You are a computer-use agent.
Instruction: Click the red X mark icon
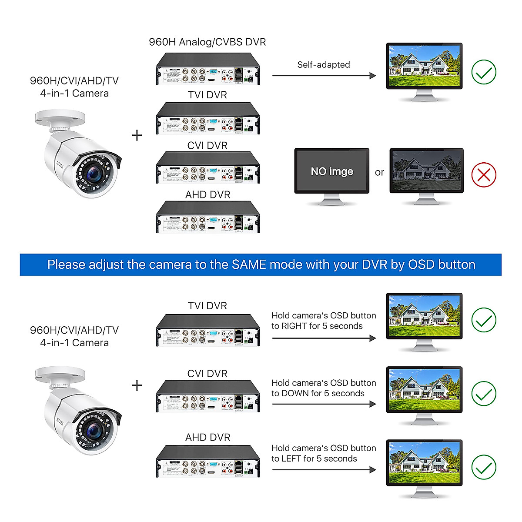coord(484,175)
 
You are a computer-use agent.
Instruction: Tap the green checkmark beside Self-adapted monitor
coord(484,72)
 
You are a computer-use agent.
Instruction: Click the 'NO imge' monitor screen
coord(332,171)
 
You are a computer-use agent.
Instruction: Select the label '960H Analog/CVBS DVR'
coord(207,42)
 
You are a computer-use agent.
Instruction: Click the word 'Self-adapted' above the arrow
coord(323,65)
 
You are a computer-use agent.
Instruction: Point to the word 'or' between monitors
coord(379,173)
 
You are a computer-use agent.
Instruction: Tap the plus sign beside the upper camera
coord(137,135)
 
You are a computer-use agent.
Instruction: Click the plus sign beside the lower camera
coord(137,385)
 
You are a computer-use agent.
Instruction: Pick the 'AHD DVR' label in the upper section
coord(207,195)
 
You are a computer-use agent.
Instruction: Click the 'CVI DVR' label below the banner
coord(207,374)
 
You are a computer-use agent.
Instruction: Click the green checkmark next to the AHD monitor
coord(484,467)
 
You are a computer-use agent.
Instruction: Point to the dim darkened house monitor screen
coord(426,170)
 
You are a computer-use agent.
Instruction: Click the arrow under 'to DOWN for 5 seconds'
coord(324,404)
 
